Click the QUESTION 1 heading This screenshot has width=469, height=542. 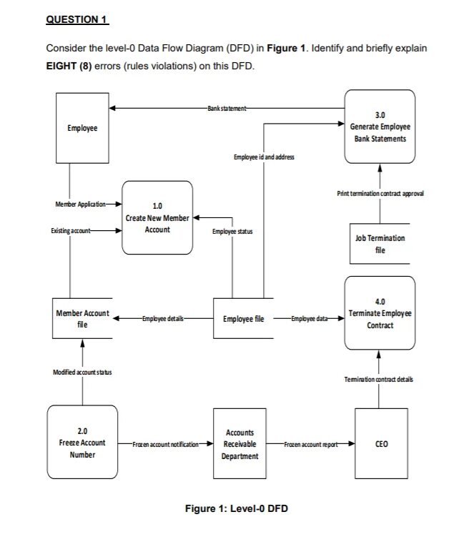pyautogui.click(x=76, y=20)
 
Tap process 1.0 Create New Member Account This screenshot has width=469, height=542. pyautogui.click(x=157, y=217)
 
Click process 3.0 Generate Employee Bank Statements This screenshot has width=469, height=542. pyautogui.click(x=380, y=126)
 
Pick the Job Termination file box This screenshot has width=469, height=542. pyautogui.click(x=380, y=244)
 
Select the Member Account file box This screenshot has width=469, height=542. pyautogui.click(x=82, y=319)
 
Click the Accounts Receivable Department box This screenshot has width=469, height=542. pyautogui.click(x=240, y=444)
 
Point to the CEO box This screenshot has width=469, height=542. pyautogui.click(x=381, y=444)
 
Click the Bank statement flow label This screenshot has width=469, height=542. pyautogui.click(x=227, y=109)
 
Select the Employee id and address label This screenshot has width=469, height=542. pyautogui.click(x=263, y=156)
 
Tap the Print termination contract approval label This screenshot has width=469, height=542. pyautogui.click(x=380, y=194)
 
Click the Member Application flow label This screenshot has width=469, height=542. pyautogui.click(x=80, y=205)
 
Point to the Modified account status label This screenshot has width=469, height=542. pyautogui.click(x=82, y=373)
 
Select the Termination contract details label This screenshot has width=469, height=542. pyautogui.click(x=379, y=379)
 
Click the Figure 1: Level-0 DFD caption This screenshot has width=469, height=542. pyautogui.click(x=237, y=508)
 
